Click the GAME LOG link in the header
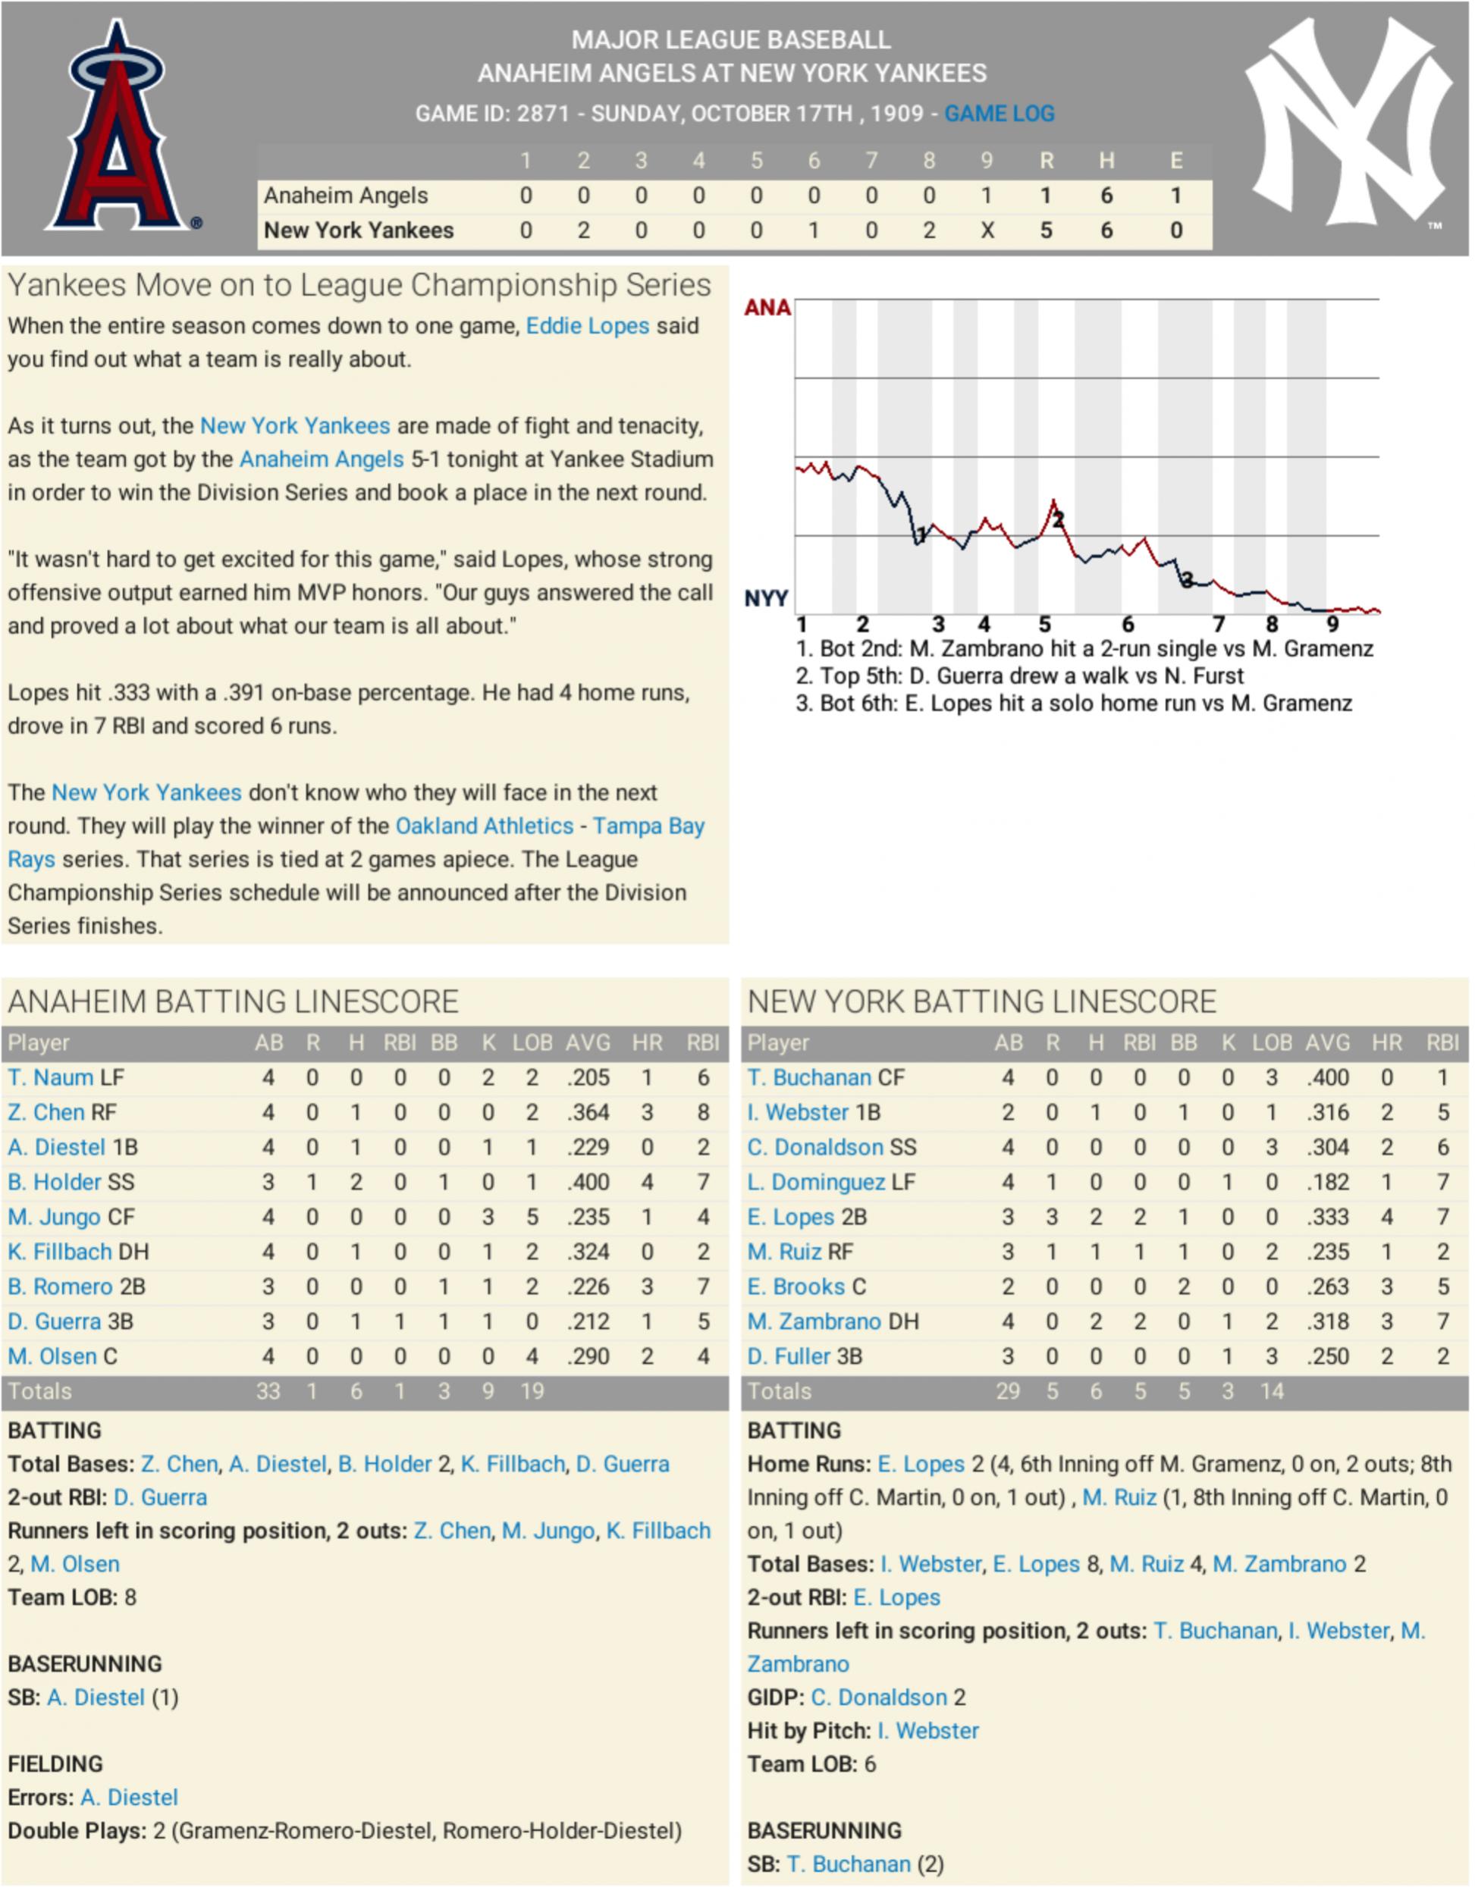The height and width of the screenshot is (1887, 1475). click(x=999, y=113)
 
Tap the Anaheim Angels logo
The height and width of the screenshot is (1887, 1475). click(x=117, y=128)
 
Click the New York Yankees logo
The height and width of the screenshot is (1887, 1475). click(x=1349, y=123)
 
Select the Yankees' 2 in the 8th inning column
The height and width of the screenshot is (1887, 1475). click(x=929, y=230)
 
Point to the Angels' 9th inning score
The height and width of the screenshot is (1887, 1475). click(x=986, y=196)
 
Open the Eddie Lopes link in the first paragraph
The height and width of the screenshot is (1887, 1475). click(x=587, y=326)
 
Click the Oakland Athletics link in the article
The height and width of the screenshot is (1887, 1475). click(x=484, y=826)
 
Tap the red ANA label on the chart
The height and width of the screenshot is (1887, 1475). click(x=767, y=308)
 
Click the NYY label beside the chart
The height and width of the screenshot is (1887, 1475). click(x=766, y=598)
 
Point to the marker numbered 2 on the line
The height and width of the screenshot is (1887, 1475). click(x=1058, y=519)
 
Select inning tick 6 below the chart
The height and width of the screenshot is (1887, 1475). click(x=1128, y=625)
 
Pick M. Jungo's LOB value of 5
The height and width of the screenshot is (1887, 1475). click(x=532, y=1217)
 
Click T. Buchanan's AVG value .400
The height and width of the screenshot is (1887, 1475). click(x=1327, y=1077)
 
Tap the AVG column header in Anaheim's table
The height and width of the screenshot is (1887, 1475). click(x=588, y=1043)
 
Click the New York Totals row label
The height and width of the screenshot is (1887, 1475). click(x=779, y=1391)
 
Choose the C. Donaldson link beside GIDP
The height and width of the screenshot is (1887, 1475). click(x=878, y=1697)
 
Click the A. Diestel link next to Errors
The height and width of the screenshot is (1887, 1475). click(x=129, y=1797)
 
